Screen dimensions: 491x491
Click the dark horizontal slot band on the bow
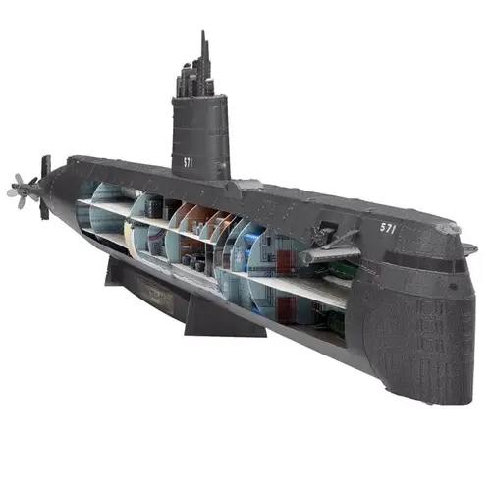tap(422, 263)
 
